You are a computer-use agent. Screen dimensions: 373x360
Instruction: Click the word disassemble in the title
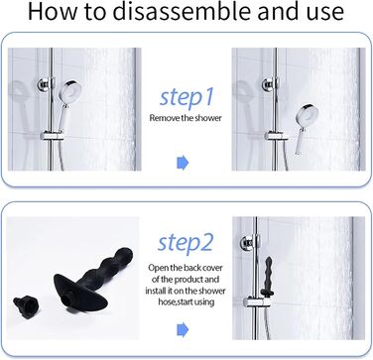182,11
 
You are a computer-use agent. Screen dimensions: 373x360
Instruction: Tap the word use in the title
324,13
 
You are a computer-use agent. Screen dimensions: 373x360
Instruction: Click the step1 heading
186,97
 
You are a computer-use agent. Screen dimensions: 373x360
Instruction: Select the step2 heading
186,243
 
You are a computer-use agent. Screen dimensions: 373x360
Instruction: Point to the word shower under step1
208,118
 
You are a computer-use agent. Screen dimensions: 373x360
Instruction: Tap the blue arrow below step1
183,163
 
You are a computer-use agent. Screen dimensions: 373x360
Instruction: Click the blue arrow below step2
183,329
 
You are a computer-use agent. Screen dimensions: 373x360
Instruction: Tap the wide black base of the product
81,296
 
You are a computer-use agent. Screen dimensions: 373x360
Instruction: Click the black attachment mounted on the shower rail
268,277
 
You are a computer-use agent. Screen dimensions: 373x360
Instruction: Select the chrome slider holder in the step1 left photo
52,136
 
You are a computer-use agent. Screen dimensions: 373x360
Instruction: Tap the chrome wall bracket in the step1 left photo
46,84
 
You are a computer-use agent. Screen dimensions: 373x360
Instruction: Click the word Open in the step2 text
158,268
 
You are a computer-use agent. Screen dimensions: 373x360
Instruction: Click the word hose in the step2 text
166,301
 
